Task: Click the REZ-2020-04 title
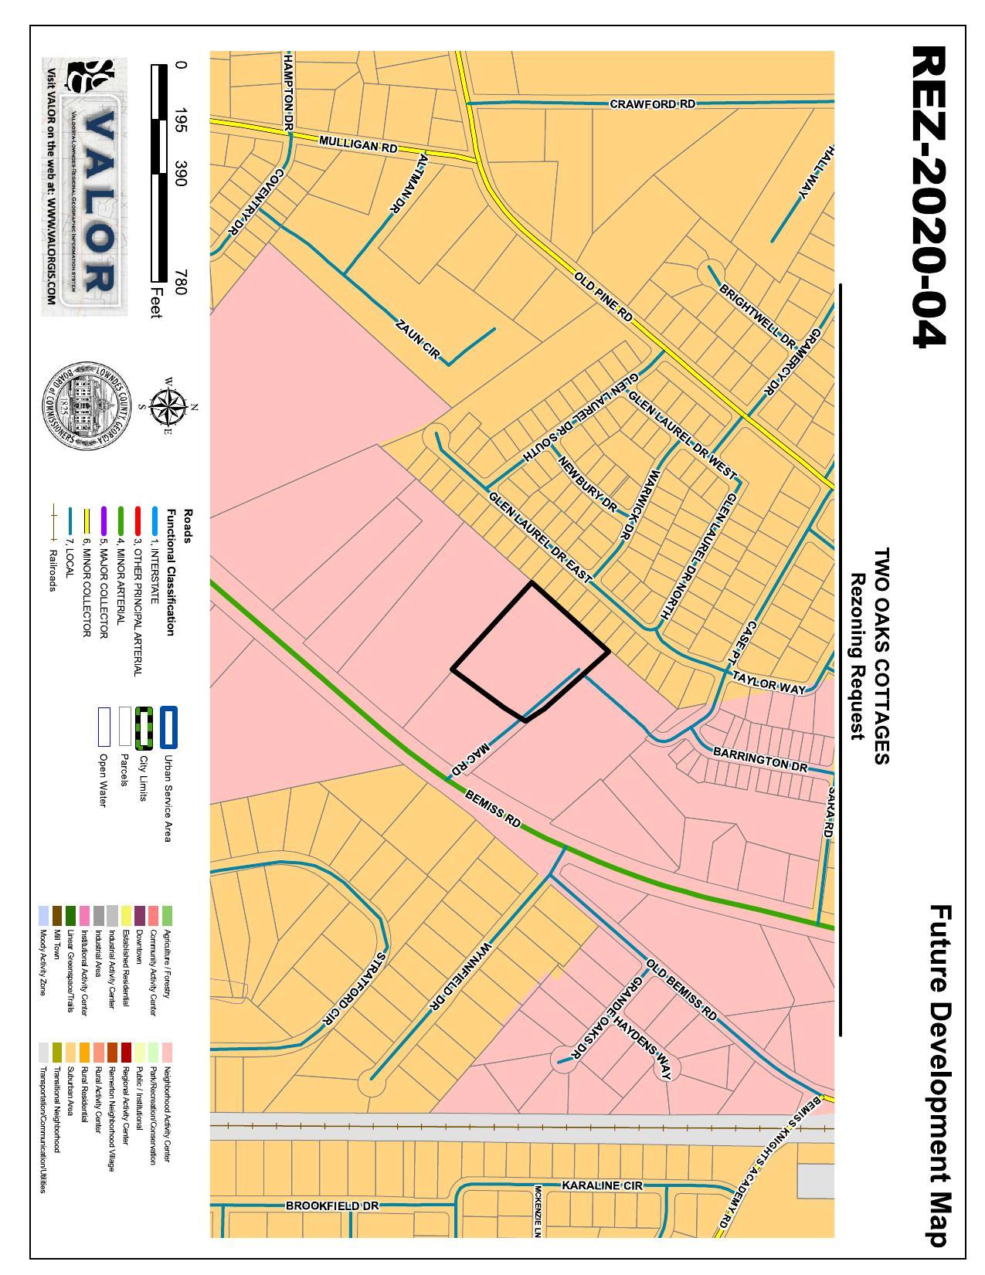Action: click(x=929, y=197)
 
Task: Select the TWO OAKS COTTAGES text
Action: click(x=881, y=656)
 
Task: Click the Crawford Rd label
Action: click(x=653, y=103)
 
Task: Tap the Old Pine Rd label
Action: click(x=603, y=297)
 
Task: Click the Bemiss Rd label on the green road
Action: click(x=493, y=808)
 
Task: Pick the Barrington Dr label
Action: click(x=759, y=758)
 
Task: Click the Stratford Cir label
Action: click(x=352, y=989)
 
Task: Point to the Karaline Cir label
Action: click(x=602, y=1185)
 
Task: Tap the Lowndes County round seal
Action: click(x=86, y=406)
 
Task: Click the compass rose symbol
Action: click(x=166, y=406)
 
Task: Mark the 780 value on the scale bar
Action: click(x=180, y=282)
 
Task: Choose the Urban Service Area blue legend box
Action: click(x=168, y=727)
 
